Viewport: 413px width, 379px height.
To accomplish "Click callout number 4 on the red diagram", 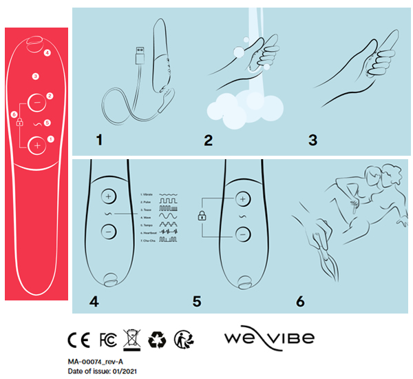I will pyautogui.click(x=47, y=52).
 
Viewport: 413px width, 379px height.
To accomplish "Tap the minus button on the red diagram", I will pyautogui.click(x=36, y=101).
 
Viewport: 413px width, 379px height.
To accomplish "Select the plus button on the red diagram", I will pyautogui.click(x=36, y=144).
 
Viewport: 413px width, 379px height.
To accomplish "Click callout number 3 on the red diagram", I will pyautogui.click(x=36, y=76).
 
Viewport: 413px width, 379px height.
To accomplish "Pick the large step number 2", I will pyautogui.click(x=209, y=141).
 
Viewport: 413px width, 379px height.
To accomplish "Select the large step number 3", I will pyautogui.click(x=313, y=141).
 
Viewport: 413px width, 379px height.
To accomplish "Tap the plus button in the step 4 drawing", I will pyautogui.click(x=108, y=197).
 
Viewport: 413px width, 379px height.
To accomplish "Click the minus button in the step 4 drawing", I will pyautogui.click(x=108, y=232).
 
